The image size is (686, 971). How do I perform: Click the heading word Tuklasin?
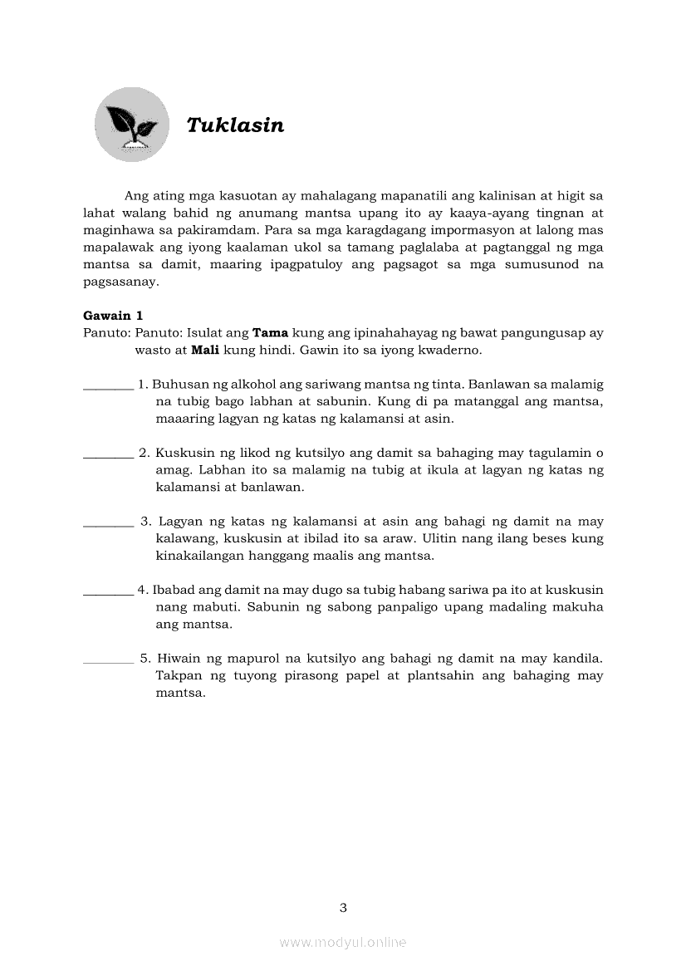pyautogui.click(x=235, y=125)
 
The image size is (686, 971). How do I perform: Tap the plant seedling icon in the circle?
pyautogui.click(x=131, y=125)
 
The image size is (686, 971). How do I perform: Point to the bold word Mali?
pyautogui.click(x=205, y=350)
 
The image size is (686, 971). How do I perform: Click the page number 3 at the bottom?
pyautogui.click(x=343, y=907)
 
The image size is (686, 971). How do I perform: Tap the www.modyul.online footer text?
pyautogui.click(x=343, y=942)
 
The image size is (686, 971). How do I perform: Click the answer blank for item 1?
pyautogui.click(x=109, y=385)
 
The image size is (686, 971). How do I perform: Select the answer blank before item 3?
pyautogui.click(x=109, y=522)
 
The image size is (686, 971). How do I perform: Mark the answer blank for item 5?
pyautogui.click(x=109, y=660)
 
